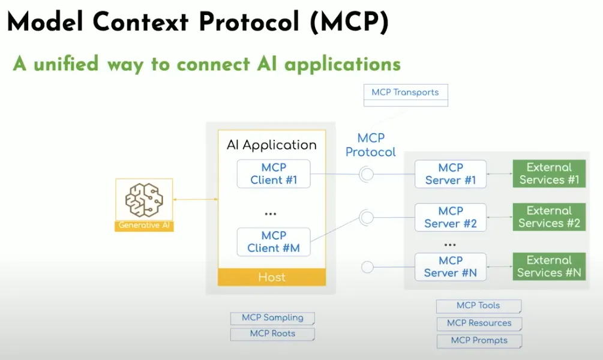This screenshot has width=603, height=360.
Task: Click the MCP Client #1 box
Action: tap(274, 173)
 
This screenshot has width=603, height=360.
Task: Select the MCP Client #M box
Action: tap(274, 242)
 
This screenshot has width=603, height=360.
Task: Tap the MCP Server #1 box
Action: tap(451, 174)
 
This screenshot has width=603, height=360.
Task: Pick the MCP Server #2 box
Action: tap(451, 217)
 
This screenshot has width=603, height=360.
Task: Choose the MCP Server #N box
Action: tap(451, 266)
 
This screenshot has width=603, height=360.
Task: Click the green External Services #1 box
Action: tap(549, 174)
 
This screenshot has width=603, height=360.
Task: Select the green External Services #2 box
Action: tap(549, 217)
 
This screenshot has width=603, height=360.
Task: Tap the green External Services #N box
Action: tap(549, 266)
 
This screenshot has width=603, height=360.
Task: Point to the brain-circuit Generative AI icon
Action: tap(144, 200)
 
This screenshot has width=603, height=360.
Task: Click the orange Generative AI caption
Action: tap(144, 226)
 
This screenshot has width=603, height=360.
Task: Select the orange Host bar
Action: tap(272, 277)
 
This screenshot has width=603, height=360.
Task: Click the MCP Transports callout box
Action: tap(405, 93)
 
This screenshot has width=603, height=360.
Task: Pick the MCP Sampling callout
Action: tap(272, 318)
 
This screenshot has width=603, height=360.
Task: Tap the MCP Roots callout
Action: tap(272, 334)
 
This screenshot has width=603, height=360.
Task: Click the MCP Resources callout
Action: tap(479, 323)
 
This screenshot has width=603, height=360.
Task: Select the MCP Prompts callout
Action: tap(479, 341)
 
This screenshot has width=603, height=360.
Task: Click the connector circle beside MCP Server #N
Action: tap(367, 267)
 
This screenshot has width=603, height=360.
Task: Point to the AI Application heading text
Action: tap(272, 145)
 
